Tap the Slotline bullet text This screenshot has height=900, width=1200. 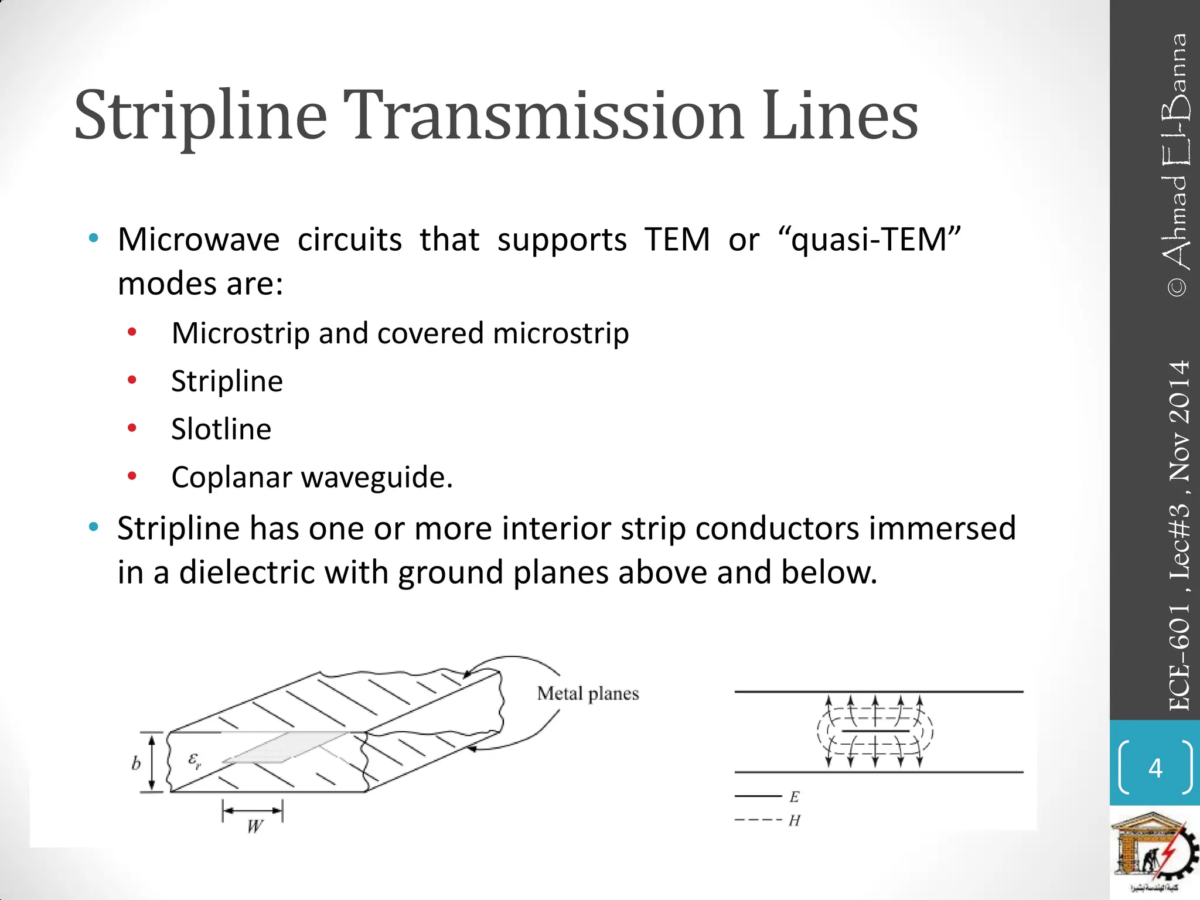click(221, 429)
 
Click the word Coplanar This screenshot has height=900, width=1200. click(231, 477)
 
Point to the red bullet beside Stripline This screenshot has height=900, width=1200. click(132, 381)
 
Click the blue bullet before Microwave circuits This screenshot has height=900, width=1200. click(93, 238)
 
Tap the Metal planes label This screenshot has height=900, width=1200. click(588, 694)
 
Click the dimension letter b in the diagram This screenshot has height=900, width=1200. click(136, 763)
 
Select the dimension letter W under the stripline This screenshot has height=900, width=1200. click(254, 827)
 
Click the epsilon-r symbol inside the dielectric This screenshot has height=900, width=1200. click(195, 761)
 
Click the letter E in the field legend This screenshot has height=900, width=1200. click(795, 797)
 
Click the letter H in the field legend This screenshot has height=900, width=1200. click(795, 821)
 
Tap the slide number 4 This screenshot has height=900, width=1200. click(1155, 768)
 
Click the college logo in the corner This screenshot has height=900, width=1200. click(1154, 853)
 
